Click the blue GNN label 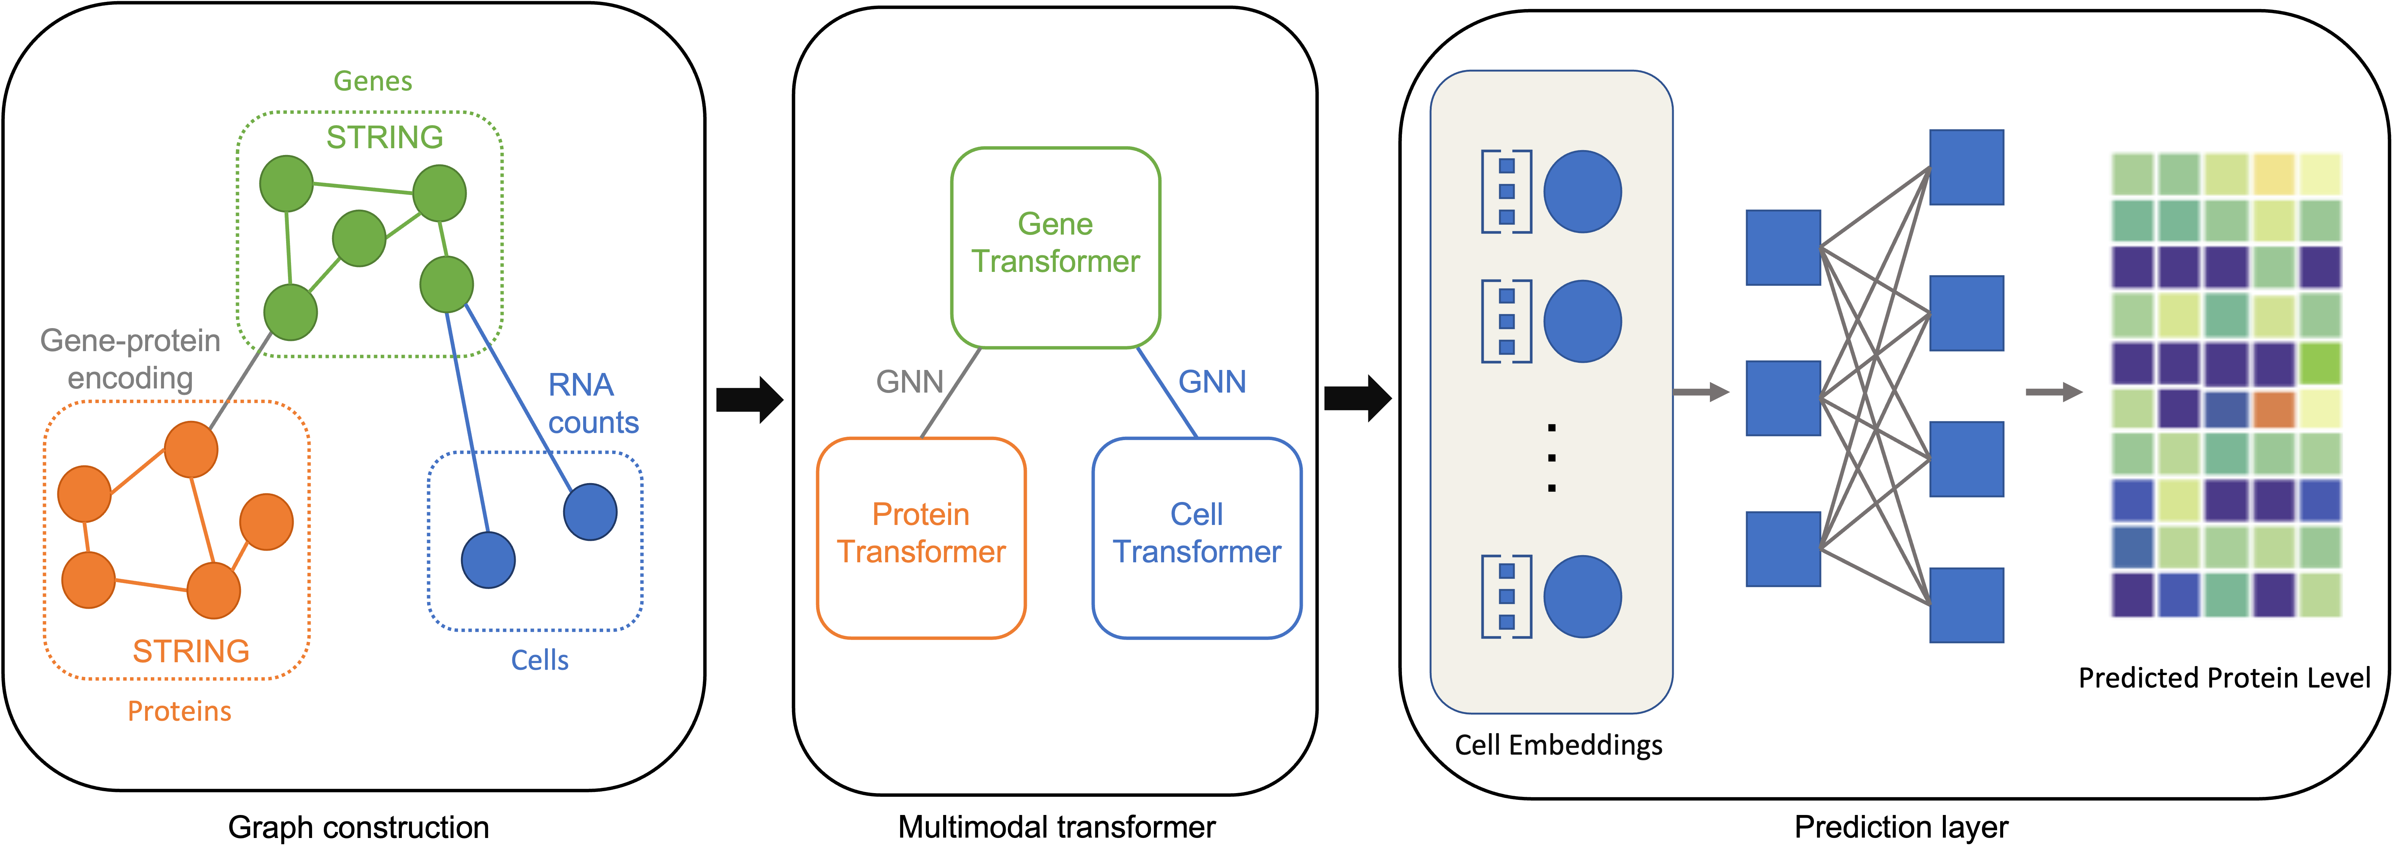[x=1212, y=381]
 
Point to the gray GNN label [x=909, y=381]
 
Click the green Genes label [x=372, y=81]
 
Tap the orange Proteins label [x=179, y=711]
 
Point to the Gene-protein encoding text [x=131, y=359]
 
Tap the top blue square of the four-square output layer [x=1966, y=167]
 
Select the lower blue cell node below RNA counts [x=488, y=560]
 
